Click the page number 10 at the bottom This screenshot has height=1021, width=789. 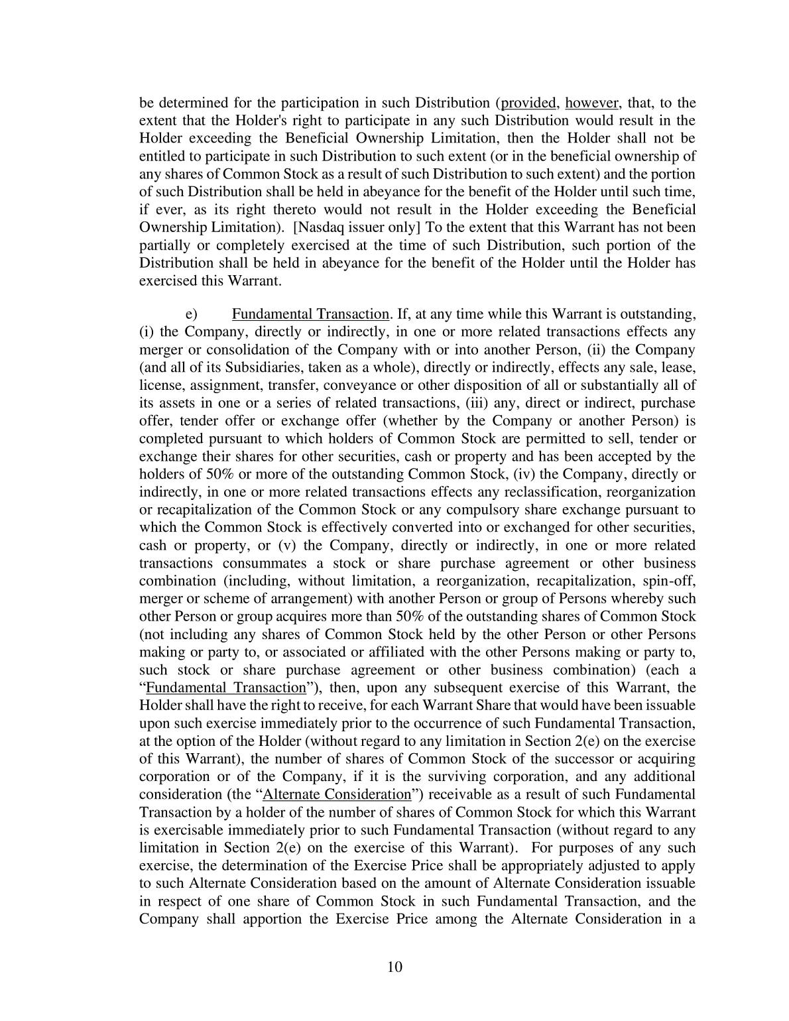coord(394,966)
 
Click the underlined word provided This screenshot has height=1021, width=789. coord(528,103)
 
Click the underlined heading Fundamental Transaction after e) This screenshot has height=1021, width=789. coord(310,314)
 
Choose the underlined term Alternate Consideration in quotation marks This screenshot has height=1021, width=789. coord(337,794)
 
